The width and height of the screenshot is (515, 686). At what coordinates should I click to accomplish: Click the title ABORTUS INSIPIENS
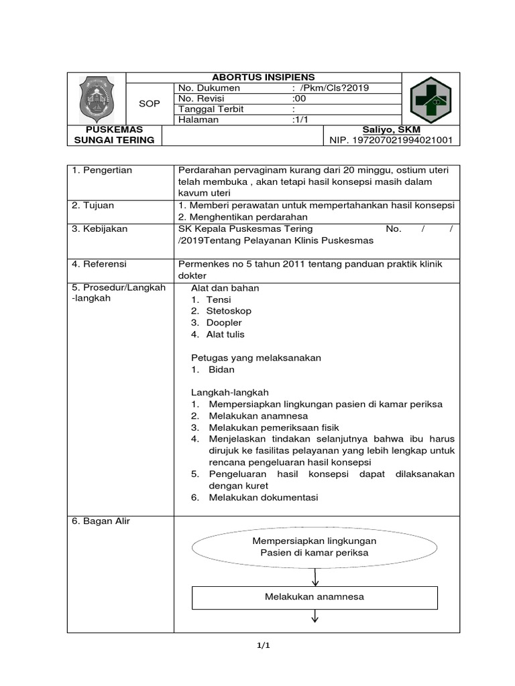tap(264, 77)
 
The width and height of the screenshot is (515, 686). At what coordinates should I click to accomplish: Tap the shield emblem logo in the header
tap(97, 98)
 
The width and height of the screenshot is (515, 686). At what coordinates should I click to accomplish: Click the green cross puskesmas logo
tap(431, 99)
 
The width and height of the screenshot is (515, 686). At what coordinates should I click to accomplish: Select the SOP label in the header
tap(149, 104)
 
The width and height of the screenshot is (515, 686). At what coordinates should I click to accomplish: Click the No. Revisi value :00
tap(299, 98)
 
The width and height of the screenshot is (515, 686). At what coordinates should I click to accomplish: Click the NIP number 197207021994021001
tap(390, 140)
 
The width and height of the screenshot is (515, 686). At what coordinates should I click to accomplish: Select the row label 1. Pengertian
tap(102, 170)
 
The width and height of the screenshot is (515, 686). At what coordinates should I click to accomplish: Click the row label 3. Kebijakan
tap(100, 229)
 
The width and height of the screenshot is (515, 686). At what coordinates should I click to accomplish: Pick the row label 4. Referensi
tap(100, 264)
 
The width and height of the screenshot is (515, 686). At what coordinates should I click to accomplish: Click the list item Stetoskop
tap(229, 311)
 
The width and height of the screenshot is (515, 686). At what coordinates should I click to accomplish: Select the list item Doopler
tap(224, 322)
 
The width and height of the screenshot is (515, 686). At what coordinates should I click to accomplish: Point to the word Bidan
tap(221, 369)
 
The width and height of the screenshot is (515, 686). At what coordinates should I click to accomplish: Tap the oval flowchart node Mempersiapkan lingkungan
tap(314, 547)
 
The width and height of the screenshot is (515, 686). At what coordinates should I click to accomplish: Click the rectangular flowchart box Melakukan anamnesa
tap(314, 597)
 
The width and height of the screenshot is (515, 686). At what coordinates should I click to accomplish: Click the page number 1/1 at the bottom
tap(263, 646)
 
